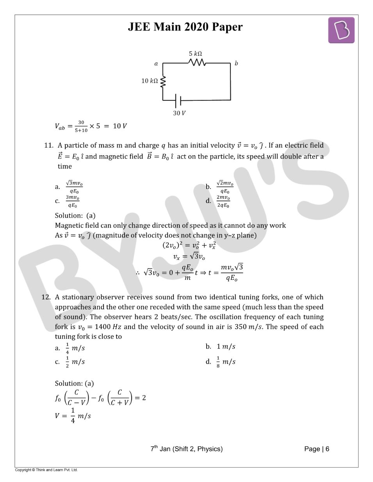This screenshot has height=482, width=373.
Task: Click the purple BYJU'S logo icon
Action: click(341, 30)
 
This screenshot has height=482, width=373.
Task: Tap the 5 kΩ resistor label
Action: click(195, 54)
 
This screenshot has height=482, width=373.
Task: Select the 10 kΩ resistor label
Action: click(150, 81)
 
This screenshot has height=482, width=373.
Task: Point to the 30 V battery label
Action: click(179, 113)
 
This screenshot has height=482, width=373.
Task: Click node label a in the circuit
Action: click(156, 64)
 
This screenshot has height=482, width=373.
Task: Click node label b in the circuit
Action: click(236, 63)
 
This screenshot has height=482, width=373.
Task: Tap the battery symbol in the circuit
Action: click(178, 100)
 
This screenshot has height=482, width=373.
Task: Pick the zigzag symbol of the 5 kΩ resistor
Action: click(197, 62)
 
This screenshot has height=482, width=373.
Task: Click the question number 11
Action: click(48, 146)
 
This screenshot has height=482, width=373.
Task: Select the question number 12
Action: click(46, 297)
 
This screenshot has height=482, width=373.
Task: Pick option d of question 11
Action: click(223, 201)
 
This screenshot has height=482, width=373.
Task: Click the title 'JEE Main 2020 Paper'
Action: click(185, 27)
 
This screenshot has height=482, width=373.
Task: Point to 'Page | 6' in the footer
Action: click(316, 449)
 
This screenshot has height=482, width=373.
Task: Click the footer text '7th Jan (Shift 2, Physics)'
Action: click(186, 449)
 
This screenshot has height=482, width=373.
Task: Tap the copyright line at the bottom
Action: click(46, 470)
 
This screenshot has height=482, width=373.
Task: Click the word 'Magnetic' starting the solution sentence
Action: click(70, 226)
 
